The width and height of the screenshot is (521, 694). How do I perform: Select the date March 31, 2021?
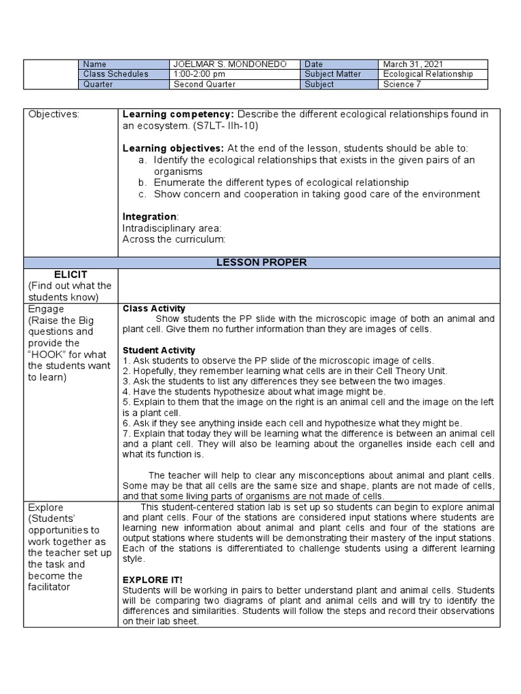[x=414, y=64]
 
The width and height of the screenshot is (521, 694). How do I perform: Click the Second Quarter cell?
[x=204, y=85]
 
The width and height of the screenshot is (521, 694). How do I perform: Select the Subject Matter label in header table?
[x=333, y=74]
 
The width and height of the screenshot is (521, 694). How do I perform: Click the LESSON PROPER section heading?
[x=308, y=262]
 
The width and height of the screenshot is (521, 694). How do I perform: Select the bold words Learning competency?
[x=178, y=115]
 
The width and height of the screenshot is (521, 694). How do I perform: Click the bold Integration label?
[x=149, y=216]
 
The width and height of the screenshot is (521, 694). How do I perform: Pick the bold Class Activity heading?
[x=153, y=308]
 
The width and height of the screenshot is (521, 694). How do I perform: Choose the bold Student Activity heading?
[x=159, y=350]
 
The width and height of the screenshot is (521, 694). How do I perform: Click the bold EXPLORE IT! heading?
[x=153, y=580]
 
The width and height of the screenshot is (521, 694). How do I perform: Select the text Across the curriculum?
[x=173, y=239]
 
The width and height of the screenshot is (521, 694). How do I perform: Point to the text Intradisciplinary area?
[x=172, y=228]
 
